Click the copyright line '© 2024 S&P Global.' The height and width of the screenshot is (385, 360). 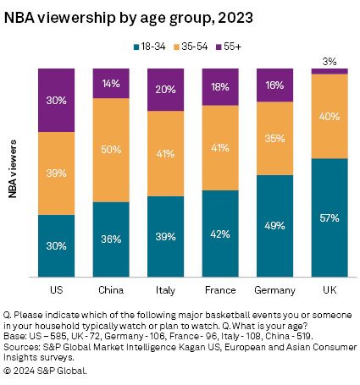click(46, 370)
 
